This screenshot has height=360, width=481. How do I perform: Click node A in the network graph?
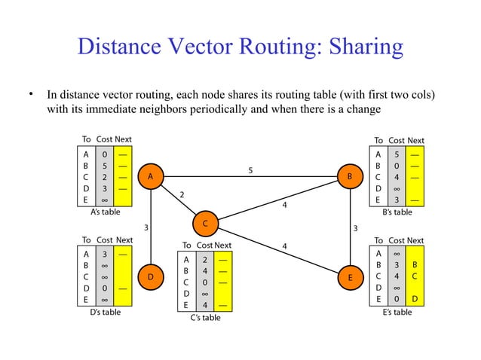151,175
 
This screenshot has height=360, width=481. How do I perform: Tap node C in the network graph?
205,224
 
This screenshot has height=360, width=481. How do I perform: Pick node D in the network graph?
151,277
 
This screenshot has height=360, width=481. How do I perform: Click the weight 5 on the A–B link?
250,169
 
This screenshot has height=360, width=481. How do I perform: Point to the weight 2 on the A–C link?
182,194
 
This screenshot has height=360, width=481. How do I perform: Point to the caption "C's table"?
204,318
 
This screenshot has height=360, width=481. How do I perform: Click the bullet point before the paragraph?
32,95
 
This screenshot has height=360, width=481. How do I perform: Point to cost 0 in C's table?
205,282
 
